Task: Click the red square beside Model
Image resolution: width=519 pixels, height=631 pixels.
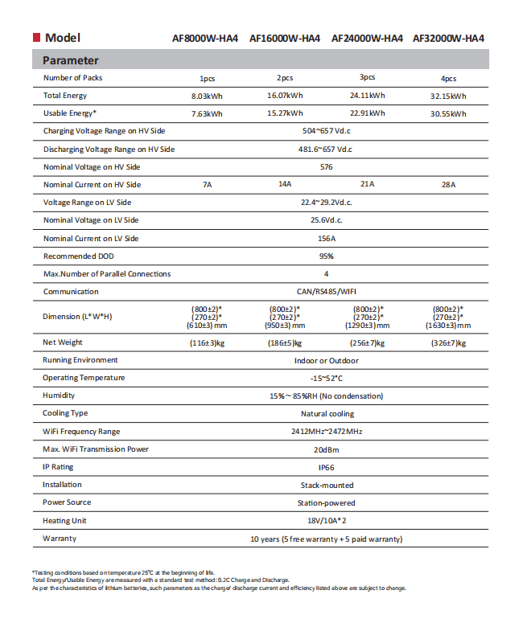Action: [x=36, y=38]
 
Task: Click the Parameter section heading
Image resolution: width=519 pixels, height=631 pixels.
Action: [x=71, y=60]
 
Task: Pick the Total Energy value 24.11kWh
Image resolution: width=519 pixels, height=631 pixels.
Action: [x=367, y=95]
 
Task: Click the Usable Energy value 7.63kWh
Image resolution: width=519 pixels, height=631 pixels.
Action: [x=207, y=114]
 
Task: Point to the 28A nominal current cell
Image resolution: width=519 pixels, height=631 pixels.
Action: [x=448, y=185]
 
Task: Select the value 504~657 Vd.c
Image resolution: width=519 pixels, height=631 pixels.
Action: [x=327, y=131]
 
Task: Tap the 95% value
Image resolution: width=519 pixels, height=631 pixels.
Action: [x=326, y=256]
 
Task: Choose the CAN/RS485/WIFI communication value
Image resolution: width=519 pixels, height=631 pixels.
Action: [x=326, y=292]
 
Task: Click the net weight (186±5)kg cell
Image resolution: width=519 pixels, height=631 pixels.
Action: [x=285, y=343]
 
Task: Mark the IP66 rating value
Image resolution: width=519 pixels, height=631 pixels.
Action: [x=326, y=467]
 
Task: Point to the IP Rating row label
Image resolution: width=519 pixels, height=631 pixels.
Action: [x=58, y=466]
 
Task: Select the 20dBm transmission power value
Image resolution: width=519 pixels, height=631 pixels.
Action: [x=326, y=449]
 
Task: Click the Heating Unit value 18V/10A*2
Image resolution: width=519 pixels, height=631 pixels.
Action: [x=326, y=521]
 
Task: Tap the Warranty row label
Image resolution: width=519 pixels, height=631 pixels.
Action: [x=60, y=538]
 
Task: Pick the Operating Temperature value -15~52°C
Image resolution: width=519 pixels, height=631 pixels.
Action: [x=326, y=379]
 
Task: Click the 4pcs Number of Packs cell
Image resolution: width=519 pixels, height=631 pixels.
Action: [x=448, y=79]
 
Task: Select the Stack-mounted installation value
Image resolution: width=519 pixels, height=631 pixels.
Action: [x=326, y=486]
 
